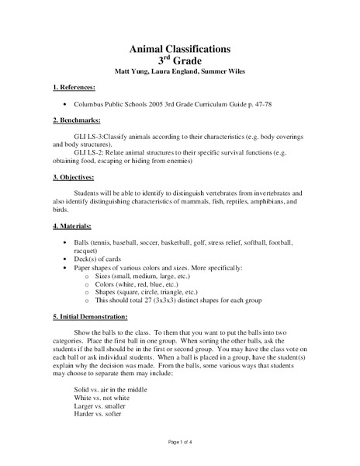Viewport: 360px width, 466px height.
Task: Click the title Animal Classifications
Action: click(x=179, y=48)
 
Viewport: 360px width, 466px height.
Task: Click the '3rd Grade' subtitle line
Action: click(x=179, y=60)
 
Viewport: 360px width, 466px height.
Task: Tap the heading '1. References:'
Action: click(x=76, y=88)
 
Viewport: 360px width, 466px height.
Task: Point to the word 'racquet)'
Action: click(x=85, y=250)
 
